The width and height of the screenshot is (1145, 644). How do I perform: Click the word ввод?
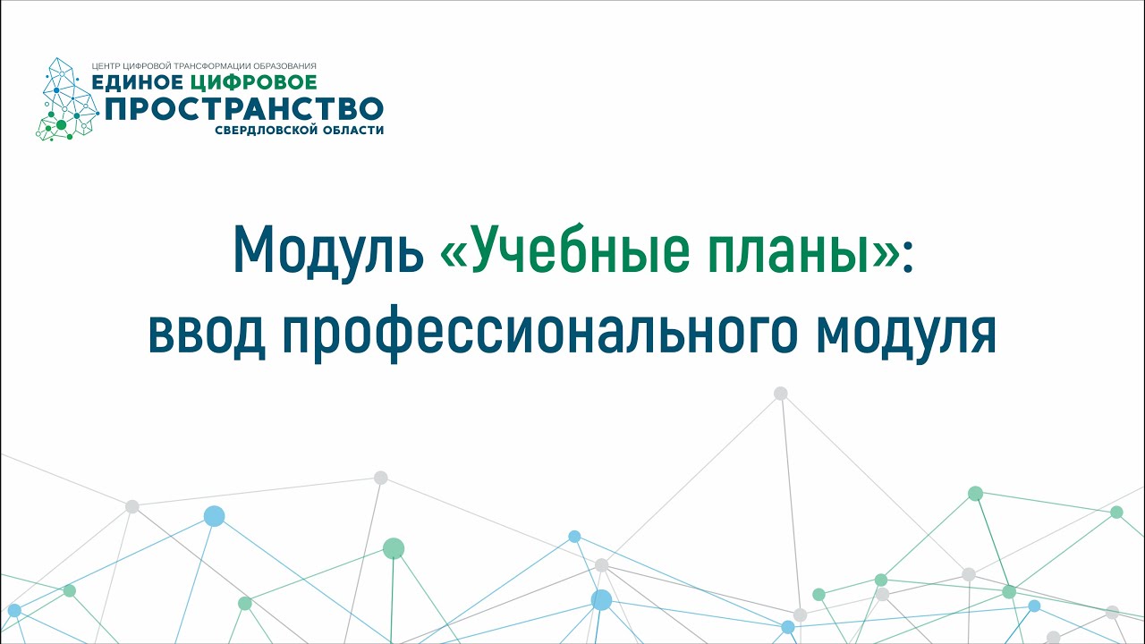pos(207,331)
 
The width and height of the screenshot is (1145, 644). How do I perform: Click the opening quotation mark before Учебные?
pos(454,255)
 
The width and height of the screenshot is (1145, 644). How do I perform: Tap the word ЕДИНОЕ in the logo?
pos(137,83)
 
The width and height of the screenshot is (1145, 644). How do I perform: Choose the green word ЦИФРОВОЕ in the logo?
pos(253,83)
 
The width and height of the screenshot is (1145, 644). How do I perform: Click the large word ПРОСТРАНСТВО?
pos(244,109)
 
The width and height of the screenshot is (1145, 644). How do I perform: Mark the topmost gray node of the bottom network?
pos(781,393)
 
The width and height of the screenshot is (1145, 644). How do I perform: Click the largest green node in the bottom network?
pos(394,548)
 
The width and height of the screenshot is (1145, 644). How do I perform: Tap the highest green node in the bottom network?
pos(975,493)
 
